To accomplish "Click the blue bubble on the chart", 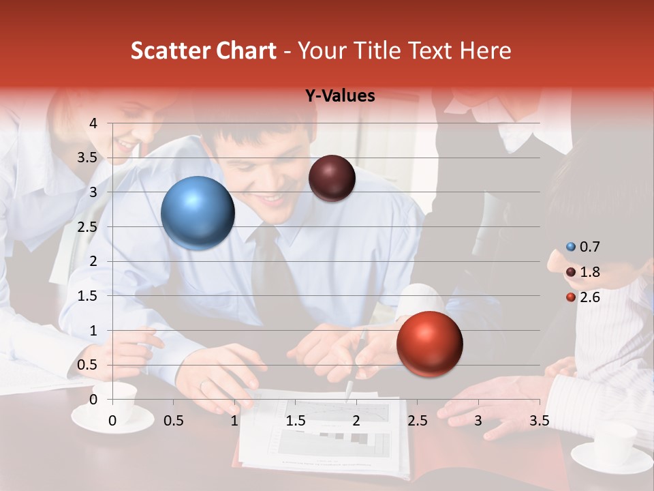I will point(198,213).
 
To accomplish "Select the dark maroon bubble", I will point(332,178).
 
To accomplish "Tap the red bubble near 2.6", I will point(429,344).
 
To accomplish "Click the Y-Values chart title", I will point(340,96).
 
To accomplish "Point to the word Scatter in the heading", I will point(173,50).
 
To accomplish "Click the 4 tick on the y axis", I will point(94,123).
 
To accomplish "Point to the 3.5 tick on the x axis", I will point(539,421).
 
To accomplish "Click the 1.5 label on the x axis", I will point(295,421).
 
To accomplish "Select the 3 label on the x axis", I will point(478,421).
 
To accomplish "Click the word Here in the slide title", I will point(485,50).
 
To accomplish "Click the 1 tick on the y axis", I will point(94,330).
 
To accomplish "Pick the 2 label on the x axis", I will point(356,421).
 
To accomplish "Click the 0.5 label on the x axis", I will point(174,421).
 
